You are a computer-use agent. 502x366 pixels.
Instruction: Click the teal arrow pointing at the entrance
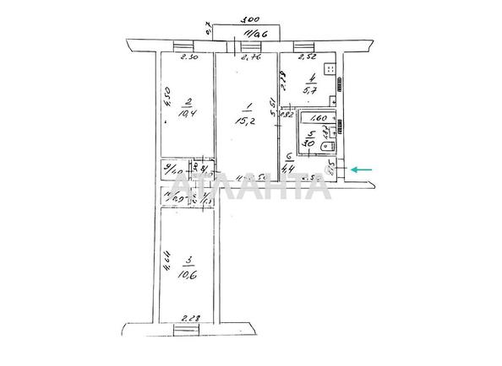363,170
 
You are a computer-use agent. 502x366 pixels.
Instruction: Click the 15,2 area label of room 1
248,116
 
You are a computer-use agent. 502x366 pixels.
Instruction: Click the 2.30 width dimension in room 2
190,59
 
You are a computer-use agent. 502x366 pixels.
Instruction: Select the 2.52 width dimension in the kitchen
308,59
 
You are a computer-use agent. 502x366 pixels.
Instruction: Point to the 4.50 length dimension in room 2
168,99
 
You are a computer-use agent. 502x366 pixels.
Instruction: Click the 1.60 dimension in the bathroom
319,119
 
